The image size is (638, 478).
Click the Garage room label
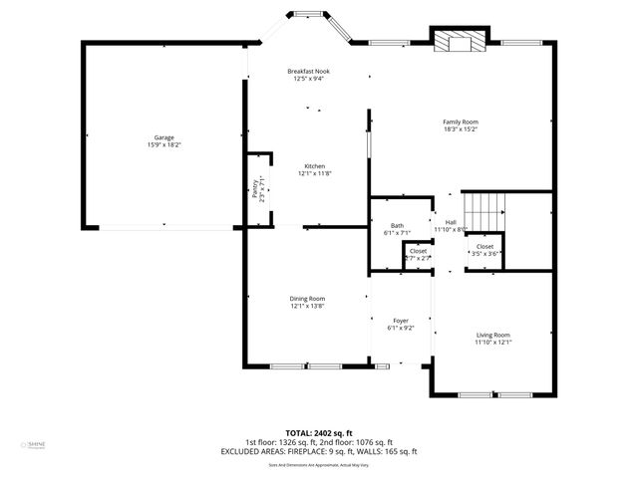pyautogui.click(x=163, y=137)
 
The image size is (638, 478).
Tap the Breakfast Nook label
pyautogui.click(x=308, y=72)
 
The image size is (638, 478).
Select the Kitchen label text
pyautogui.click(x=314, y=165)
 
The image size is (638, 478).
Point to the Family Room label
pyautogui.click(x=461, y=121)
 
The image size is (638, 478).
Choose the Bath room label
pyautogui.click(x=397, y=225)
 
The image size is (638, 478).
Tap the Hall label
pyautogui.click(x=451, y=222)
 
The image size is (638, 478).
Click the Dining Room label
pyautogui.click(x=307, y=298)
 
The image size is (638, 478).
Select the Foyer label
pyautogui.click(x=401, y=320)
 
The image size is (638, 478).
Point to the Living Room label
pyautogui.click(x=492, y=335)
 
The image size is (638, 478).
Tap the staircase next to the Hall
pyautogui.click(x=488, y=210)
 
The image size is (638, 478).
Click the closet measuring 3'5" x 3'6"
pyautogui.click(x=484, y=250)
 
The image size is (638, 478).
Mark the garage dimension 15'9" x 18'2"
pyautogui.click(x=163, y=145)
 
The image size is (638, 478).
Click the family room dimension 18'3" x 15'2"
pyautogui.click(x=461, y=129)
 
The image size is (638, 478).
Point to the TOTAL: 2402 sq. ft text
pyautogui.click(x=319, y=433)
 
